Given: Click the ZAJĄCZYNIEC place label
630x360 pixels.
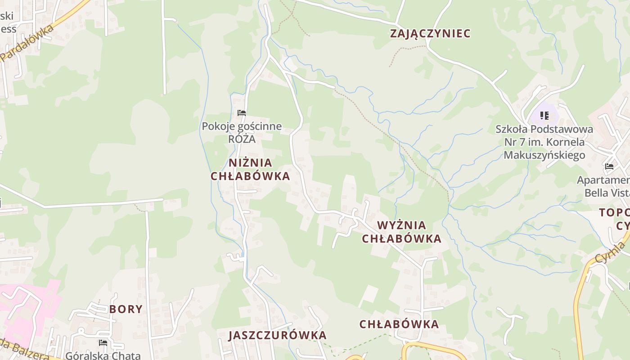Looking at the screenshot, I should point(430,33).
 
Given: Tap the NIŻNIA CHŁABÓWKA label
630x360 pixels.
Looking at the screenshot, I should point(250,169).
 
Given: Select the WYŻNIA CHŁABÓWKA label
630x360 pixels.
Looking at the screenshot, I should point(401,232).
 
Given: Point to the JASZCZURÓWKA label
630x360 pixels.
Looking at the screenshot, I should point(277,335).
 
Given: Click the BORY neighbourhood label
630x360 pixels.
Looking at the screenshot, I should point(126,309).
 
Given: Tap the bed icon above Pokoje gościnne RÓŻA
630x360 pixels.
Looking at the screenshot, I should point(242,113).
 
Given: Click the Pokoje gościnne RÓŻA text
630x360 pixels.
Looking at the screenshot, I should point(242,132).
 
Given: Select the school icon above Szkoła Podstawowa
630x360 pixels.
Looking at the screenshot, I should point(544,116).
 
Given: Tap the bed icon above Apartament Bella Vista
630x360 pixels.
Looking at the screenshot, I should point(609,166).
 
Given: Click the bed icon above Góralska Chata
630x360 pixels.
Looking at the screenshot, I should point(103,343).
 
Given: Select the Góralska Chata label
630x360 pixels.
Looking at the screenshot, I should point(103,355).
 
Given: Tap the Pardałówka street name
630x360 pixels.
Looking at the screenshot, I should point(27,43).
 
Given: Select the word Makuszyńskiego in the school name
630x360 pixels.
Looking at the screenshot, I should point(544,155).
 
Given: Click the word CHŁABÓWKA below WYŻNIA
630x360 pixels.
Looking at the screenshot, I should point(401,238).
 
